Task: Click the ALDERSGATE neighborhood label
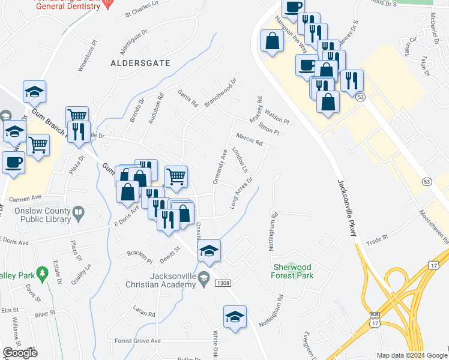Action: coord(140,62)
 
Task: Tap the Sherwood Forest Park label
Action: coord(293,271)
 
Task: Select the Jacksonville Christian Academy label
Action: coord(161,280)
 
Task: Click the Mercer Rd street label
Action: coord(250,139)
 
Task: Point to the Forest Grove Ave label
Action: coord(138,341)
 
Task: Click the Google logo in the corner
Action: coord(20,353)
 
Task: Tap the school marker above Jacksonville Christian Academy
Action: coord(209,250)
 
